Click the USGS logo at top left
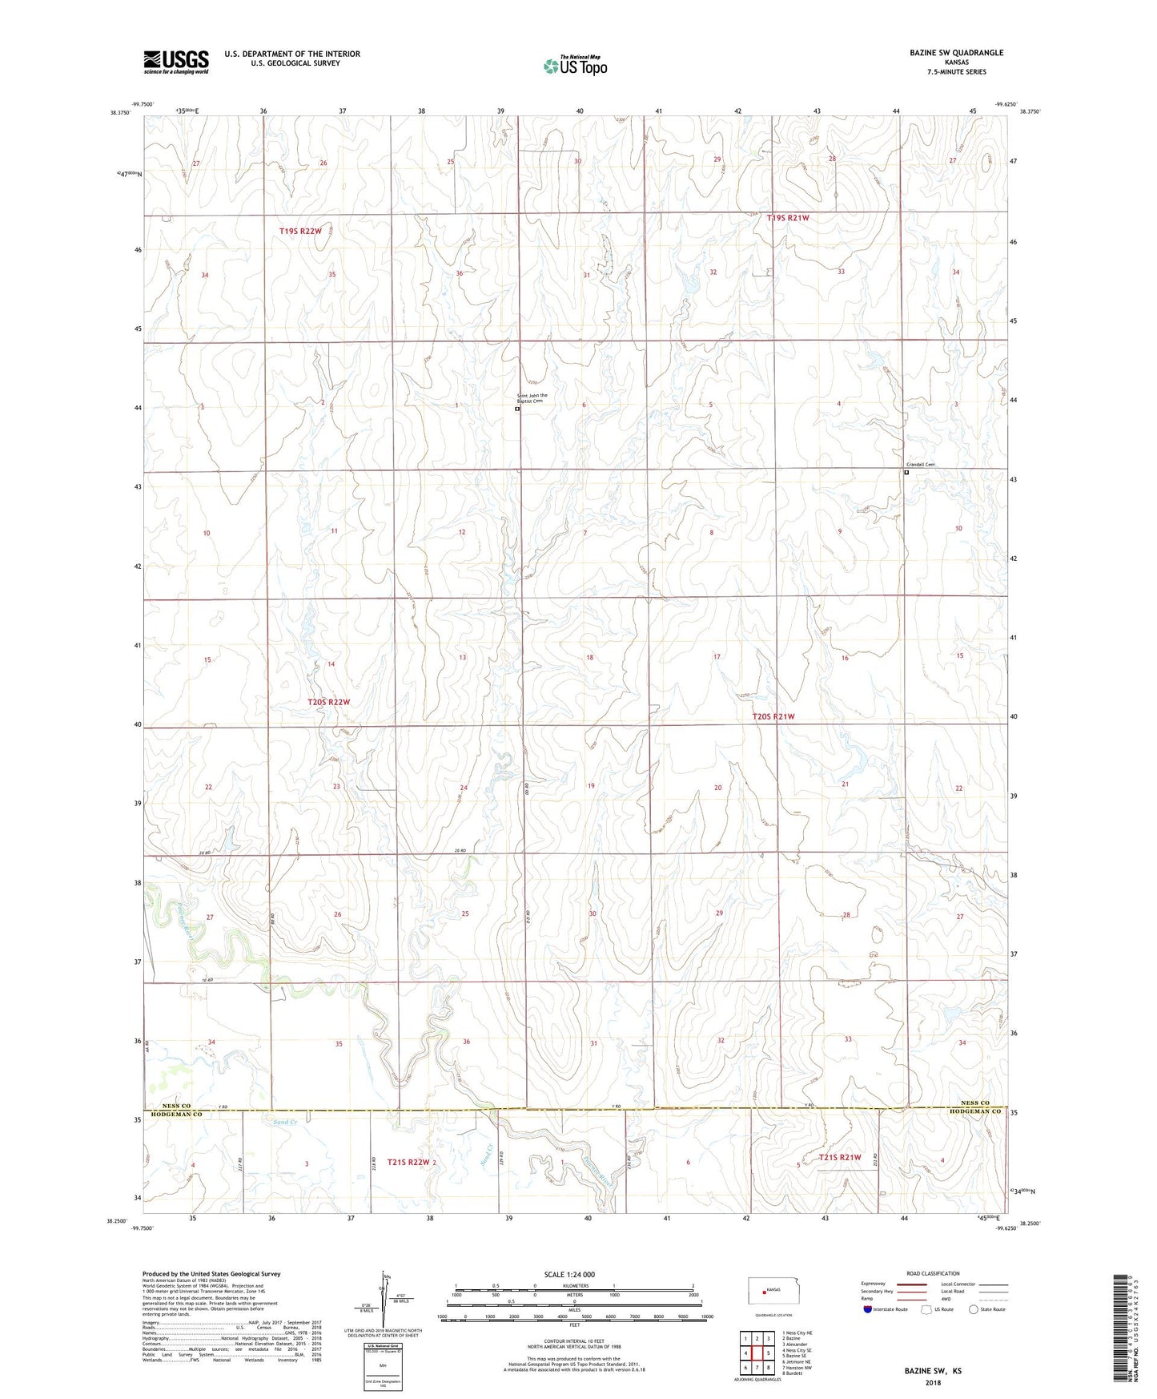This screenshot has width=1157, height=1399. pyautogui.click(x=176, y=62)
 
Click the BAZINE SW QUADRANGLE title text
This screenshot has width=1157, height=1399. pyautogui.click(x=955, y=53)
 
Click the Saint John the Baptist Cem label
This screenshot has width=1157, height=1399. pyautogui.click(x=532, y=398)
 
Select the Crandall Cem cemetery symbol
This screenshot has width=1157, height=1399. pyautogui.click(x=906, y=473)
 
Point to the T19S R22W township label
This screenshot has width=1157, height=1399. pyautogui.click(x=300, y=231)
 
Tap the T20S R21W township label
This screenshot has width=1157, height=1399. pyautogui.click(x=773, y=716)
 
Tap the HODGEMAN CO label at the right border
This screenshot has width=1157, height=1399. pyautogui.click(x=975, y=1111)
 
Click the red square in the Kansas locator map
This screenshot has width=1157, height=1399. pyautogui.click(x=764, y=1313)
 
